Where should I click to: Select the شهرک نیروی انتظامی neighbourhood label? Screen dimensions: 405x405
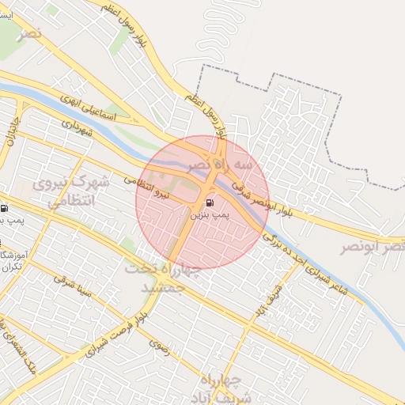70,192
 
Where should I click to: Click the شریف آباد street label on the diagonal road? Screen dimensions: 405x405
274,301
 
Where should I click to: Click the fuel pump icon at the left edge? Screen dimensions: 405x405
5,209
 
